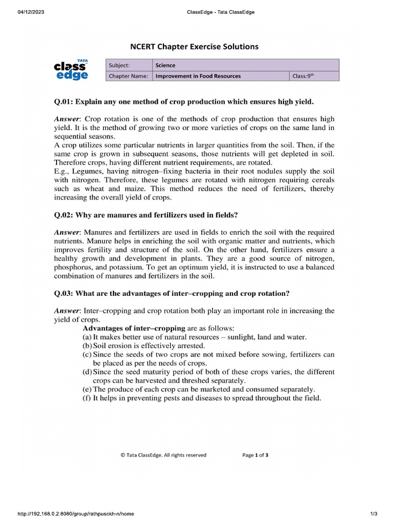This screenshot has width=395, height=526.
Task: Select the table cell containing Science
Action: tap(166, 65)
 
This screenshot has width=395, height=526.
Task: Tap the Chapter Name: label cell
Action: tap(129, 76)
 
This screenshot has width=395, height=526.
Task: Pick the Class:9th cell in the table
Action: tap(303, 76)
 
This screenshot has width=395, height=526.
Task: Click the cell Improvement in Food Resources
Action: tap(198, 76)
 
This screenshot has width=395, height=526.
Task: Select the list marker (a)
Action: tap(87, 337)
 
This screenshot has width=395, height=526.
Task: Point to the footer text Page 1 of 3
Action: tap(255, 455)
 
